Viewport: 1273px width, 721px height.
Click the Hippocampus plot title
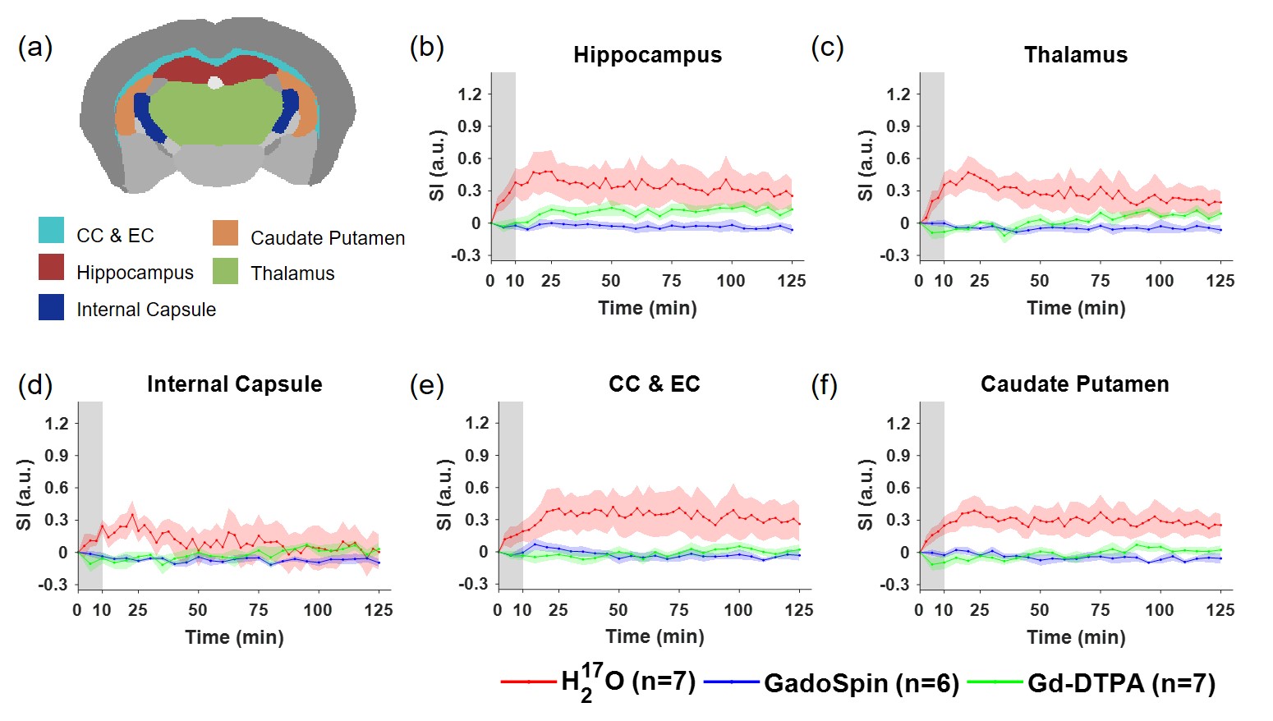pyautogui.click(x=647, y=55)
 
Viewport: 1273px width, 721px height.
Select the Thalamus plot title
pyautogui.click(x=1075, y=55)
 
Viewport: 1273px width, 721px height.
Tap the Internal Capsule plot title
pyautogui.click(x=234, y=384)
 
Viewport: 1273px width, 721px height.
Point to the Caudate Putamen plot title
pyautogui.click(x=1074, y=384)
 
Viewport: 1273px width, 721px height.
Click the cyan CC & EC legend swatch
pyautogui.click(x=51, y=230)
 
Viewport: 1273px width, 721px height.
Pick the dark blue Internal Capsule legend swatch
pyautogui.click(x=51, y=307)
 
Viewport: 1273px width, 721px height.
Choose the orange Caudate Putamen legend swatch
pyautogui.click(x=225, y=233)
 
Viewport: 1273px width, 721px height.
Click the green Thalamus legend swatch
pyautogui.click(x=225, y=271)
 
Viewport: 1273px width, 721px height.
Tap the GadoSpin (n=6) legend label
pyautogui.click(x=861, y=683)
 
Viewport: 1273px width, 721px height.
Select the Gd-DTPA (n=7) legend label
pyautogui.click(x=1121, y=683)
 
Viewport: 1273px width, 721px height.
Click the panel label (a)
pyautogui.click(x=34, y=48)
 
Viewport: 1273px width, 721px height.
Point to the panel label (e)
pyautogui.click(x=426, y=384)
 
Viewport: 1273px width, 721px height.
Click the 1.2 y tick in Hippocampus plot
pyautogui.click(x=470, y=94)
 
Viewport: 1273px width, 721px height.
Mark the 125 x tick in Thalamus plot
pyautogui.click(x=1220, y=281)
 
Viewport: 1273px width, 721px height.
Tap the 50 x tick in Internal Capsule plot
pyautogui.click(x=197, y=610)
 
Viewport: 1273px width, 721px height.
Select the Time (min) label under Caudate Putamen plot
pyautogui.click(x=1076, y=637)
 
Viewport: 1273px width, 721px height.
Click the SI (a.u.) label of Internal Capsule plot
pyautogui.click(x=23, y=494)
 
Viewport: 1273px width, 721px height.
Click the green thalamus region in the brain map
pyautogui.click(x=214, y=115)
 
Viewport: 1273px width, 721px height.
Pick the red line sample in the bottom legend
pyautogui.click(x=528, y=682)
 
